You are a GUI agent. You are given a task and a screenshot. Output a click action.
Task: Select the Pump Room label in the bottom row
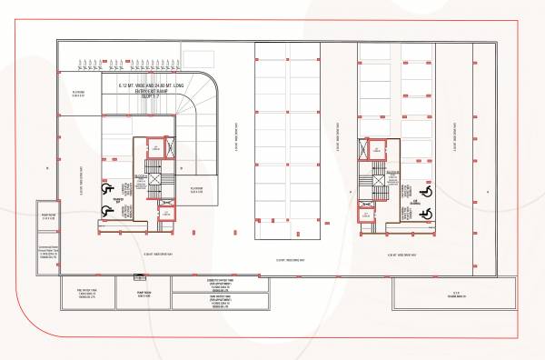(x=144, y=295)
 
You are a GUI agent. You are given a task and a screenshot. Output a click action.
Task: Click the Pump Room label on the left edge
(x=48, y=216)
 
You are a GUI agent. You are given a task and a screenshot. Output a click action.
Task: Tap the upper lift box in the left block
(x=156, y=148)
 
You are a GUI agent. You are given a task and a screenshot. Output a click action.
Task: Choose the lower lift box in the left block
(x=165, y=214)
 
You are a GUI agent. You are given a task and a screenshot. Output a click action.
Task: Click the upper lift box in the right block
(x=374, y=148)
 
